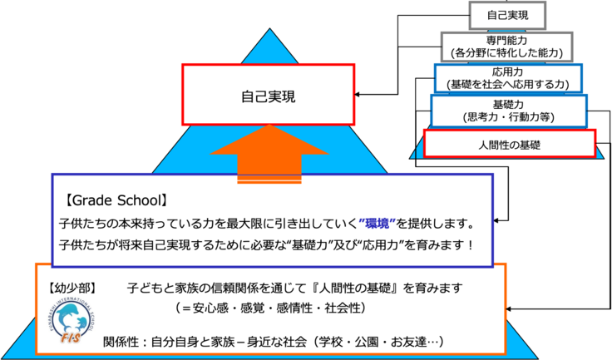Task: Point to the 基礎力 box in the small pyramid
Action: coord(507,111)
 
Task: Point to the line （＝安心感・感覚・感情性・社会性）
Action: coord(279,308)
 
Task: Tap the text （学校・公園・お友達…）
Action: coord(377,342)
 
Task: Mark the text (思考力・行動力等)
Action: coord(507,117)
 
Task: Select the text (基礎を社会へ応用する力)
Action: coord(507,84)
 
